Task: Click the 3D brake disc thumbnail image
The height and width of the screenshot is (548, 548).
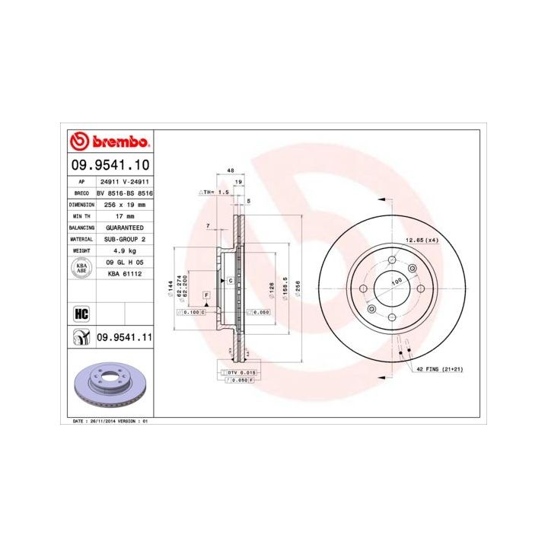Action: [x=110, y=384]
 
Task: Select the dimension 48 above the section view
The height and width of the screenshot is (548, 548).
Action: [x=230, y=172]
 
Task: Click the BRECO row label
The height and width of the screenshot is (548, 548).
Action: [x=81, y=194]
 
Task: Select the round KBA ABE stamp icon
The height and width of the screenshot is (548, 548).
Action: [x=81, y=266]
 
